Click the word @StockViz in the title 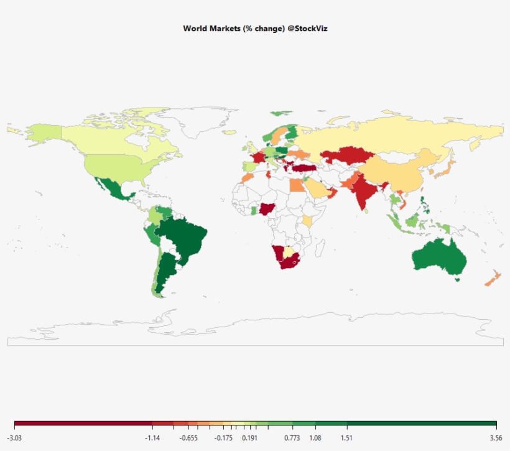(x=310, y=29)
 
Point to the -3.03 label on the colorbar (x=14, y=438)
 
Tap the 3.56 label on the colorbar (x=496, y=438)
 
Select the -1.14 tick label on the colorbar (x=152, y=438)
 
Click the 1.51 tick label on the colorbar (x=346, y=438)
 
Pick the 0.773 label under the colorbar (x=292, y=438)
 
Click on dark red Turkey (x=304, y=168)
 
